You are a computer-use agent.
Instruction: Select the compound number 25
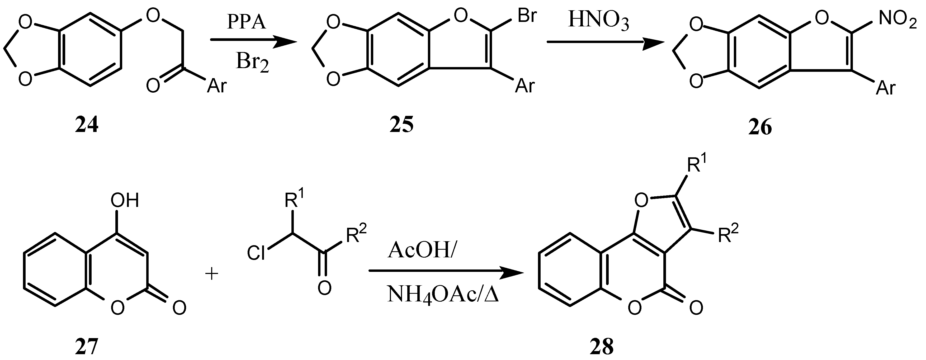coord(401,125)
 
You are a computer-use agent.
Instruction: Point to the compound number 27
coord(87,347)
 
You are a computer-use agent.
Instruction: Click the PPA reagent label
coord(246,22)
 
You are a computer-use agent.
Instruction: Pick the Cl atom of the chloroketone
coord(256,253)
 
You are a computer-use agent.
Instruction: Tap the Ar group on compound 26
coord(885,88)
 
